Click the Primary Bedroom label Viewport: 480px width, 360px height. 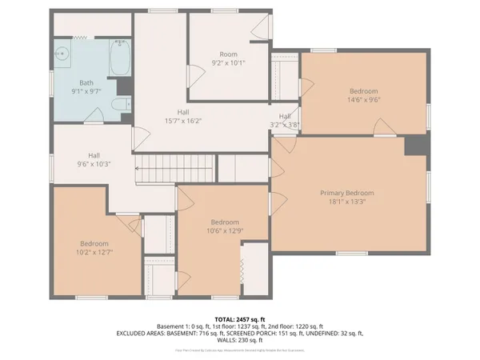pyautogui.click(x=347, y=193)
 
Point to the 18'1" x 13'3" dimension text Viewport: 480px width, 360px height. pyautogui.click(x=347, y=202)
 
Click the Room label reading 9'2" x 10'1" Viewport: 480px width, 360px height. pyautogui.click(x=228, y=62)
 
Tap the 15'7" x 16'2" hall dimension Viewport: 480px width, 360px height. pyautogui.click(x=184, y=121)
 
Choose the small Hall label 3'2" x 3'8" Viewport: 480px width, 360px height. pyautogui.click(x=284, y=124)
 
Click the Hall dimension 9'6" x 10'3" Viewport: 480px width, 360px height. pyautogui.click(x=94, y=164)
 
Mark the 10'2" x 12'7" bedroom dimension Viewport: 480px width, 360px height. pyautogui.click(x=94, y=253)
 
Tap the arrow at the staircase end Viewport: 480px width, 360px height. pyautogui.click(x=139, y=169)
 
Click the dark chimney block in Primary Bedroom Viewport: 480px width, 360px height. pyautogui.click(x=415, y=145)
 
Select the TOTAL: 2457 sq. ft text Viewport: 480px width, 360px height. pyautogui.click(x=239, y=318)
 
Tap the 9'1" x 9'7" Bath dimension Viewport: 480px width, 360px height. pyautogui.click(x=87, y=91)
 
